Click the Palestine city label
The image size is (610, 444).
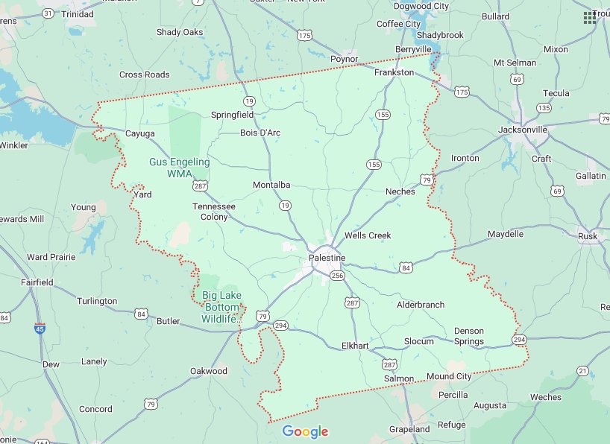pos(327,258)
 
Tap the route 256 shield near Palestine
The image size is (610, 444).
pos(338,276)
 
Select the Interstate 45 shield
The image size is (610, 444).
pos(39,327)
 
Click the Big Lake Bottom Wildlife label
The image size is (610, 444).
pos(221,307)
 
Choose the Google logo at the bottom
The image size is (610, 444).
pos(305,432)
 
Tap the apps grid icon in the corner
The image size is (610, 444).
pos(589,16)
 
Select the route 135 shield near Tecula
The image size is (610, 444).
pos(544,108)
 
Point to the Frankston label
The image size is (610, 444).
pos(394,72)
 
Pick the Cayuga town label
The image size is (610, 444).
pos(140,133)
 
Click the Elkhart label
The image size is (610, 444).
pos(354,346)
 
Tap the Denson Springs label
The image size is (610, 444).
pos(468,336)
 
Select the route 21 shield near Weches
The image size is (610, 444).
pos(582,371)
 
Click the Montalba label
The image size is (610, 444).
pos(271,185)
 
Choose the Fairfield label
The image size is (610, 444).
pos(37,282)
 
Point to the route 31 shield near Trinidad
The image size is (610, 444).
pos(48,13)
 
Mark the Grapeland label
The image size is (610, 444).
pos(409,429)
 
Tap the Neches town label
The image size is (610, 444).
pos(400,191)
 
